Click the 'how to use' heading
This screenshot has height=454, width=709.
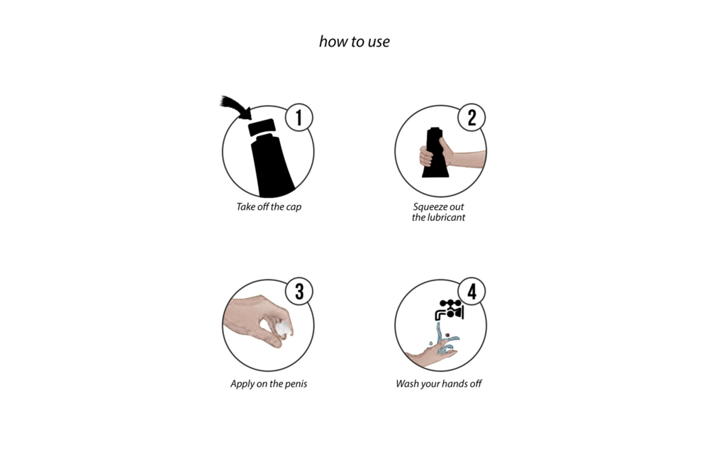[x=354, y=42]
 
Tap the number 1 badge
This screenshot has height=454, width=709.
[x=299, y=117]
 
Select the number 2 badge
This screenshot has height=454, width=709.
[x=471, y=117]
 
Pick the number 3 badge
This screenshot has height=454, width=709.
[x=299, y=292]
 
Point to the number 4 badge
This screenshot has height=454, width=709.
[x=471, y=292]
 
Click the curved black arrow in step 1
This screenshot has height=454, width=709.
[x=236, y=106]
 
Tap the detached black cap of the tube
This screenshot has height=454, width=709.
[x=262, y=127]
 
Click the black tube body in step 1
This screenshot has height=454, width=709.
[x=272, y=165]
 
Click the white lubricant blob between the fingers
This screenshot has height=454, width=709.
[x=284, y=328]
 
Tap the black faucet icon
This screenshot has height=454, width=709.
[x=450, y=310]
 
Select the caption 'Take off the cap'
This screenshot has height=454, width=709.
[x=269, y=206]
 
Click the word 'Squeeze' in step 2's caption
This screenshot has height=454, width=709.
[x=430, y=206]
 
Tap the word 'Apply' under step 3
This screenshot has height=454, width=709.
[x=242, y=384]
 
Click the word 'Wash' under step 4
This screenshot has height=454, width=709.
[x=407, y=384]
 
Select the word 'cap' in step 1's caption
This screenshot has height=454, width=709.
[x=294, y=207]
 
